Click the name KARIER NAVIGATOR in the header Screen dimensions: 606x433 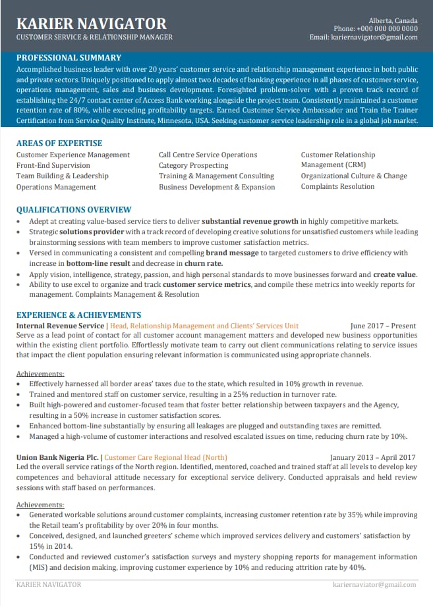91,24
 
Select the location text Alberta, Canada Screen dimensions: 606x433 393,20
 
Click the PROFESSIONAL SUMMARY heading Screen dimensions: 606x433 69,57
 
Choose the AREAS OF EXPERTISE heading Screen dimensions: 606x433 59,143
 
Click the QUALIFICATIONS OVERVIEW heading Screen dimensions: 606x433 74,209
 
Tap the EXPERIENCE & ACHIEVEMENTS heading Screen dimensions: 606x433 78,315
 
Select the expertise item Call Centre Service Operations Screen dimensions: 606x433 208,155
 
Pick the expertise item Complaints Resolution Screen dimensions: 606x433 337,187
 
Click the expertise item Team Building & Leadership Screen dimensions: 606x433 62,176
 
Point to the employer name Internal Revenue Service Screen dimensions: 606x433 60,325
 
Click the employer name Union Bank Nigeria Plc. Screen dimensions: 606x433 58,457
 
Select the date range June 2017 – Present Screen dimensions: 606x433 383,325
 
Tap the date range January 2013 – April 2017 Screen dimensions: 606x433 372,457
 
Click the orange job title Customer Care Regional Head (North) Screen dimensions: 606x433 165,457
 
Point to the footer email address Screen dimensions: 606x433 374,584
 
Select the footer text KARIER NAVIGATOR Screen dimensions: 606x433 49,584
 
